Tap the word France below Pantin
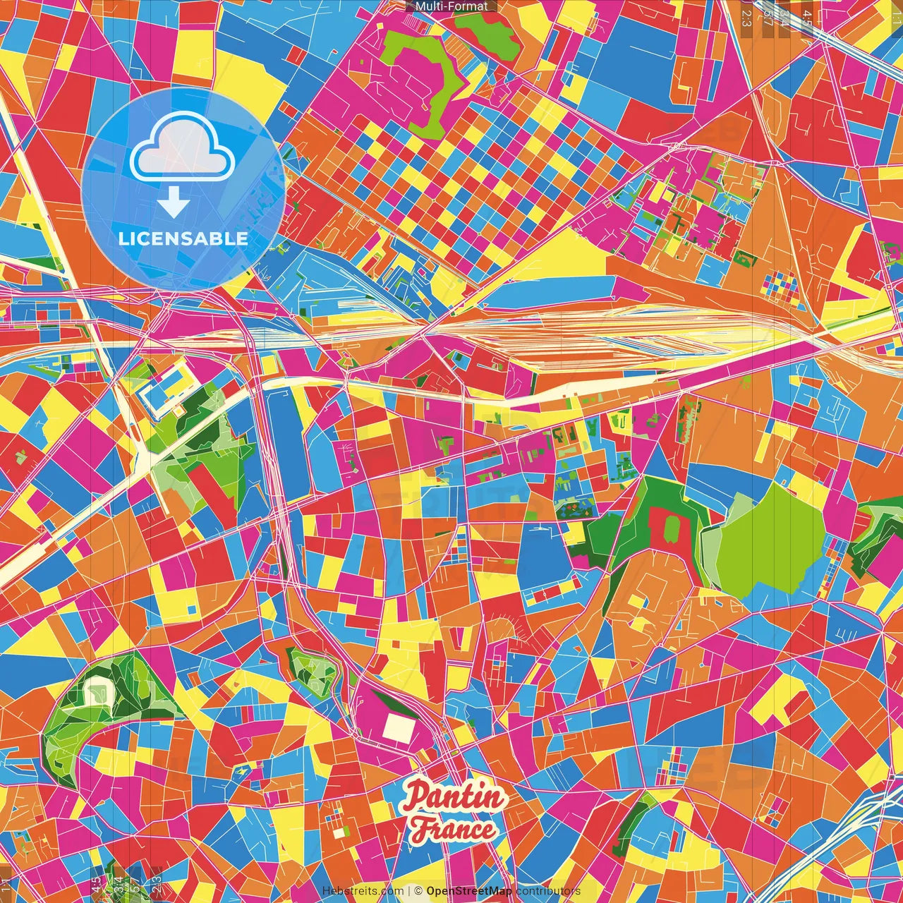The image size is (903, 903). [454, 830]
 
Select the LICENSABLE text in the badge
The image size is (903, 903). [183, 238]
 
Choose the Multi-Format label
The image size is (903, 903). [451, 6]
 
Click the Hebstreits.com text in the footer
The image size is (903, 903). [363, 891]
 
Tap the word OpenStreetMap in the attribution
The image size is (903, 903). [468, 891]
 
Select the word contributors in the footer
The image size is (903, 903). [547, 891]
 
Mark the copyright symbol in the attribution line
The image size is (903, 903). [418, 891]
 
